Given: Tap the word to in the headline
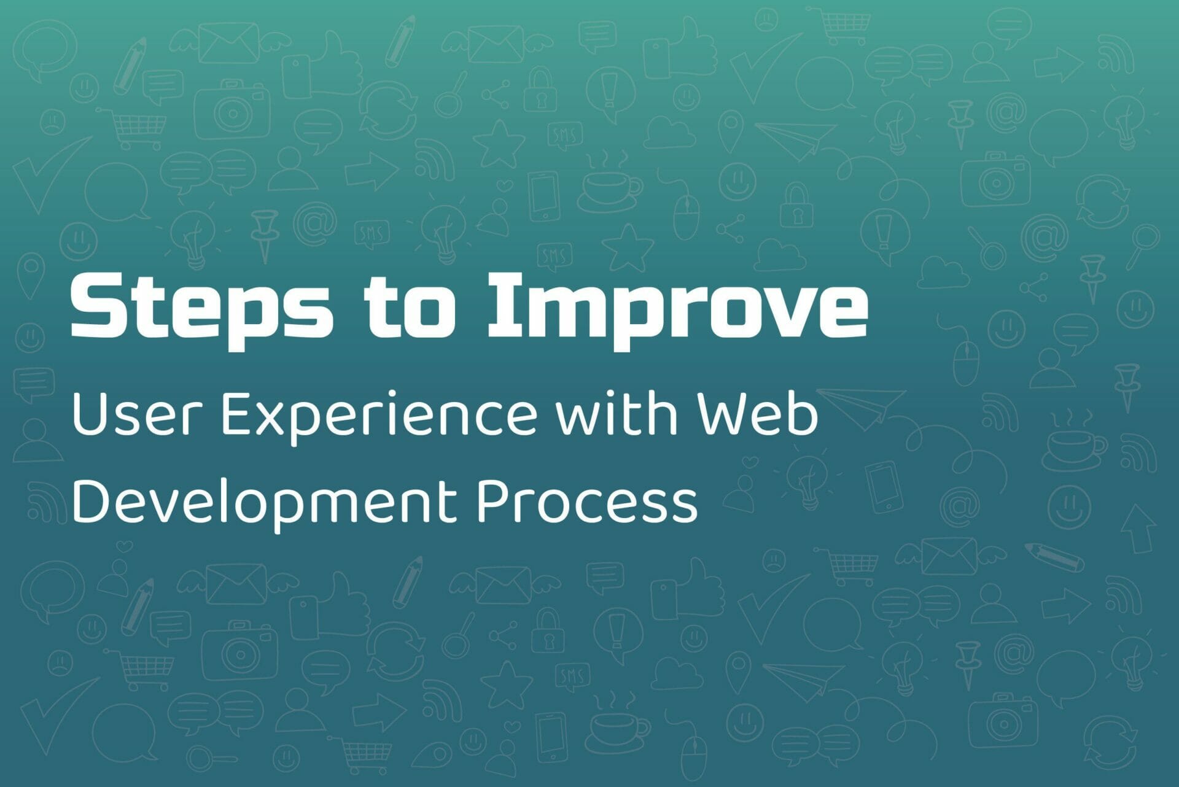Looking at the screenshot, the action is (x=410, y=308).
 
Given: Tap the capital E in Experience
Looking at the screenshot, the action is (x=237, y=416).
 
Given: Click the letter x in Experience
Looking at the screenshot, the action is (x=272, y=421).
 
